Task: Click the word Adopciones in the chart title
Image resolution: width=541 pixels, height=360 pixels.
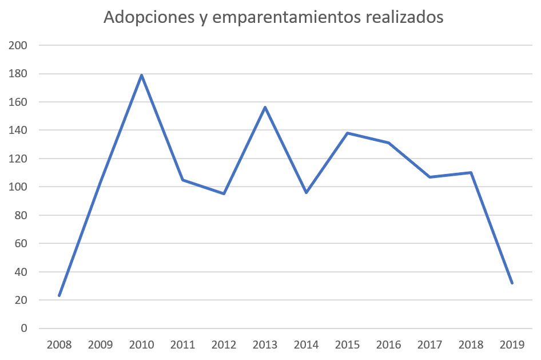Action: click(149, 17)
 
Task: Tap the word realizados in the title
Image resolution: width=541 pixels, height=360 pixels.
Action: click(404, 17)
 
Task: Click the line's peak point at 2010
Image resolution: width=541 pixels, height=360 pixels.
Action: click(141, 75)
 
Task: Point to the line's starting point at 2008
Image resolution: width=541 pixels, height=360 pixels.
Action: click(59, 295)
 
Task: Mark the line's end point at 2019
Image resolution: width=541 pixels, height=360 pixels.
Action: click(512, 283)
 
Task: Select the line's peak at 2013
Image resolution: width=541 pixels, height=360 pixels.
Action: click(265, 107)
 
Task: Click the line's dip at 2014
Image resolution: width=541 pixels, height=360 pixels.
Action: click(307, 193)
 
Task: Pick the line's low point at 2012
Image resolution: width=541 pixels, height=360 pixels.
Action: click(224, 193)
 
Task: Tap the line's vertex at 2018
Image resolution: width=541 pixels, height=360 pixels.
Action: click(471, 172)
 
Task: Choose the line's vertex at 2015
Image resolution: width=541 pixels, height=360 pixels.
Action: click(348, 133)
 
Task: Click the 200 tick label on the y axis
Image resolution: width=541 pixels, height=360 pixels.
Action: click(18, 45)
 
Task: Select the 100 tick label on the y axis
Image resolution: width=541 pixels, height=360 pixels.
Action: click(18, 187)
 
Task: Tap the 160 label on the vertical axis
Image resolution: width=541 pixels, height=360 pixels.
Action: click(18, 102)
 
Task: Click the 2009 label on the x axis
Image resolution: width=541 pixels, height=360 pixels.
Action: click(101, 345)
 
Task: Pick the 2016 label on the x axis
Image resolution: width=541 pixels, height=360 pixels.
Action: click(388, 345)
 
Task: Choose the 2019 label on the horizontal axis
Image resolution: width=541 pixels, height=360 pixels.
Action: click(512, 345)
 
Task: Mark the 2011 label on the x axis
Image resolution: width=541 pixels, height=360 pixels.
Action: click(183, 345)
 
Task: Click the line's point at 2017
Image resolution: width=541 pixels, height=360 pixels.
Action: click(430, 177)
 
